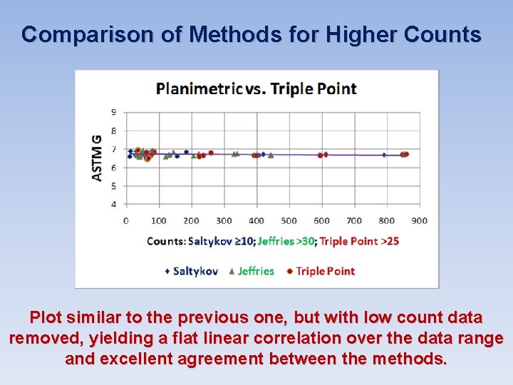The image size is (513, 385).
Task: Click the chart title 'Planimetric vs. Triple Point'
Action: tap(256, 88)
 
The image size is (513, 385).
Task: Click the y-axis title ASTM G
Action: tap(96, 157)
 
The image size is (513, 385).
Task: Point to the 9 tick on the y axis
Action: tap(114, 112)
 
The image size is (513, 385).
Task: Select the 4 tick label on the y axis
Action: tap(114, 205)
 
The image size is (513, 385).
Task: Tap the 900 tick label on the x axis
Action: tap(420, 220)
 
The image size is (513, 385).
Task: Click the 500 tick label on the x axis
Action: tap(289, 220)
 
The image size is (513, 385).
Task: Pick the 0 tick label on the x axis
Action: tap(126, 220)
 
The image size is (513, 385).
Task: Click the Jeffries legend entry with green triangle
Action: tap(251, 271)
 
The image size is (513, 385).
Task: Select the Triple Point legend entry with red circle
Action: tap(320, 271)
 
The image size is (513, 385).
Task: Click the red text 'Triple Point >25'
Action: tap(359, 241)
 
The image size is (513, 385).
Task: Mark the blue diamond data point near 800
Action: tap(384, 155)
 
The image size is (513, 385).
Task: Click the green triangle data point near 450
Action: tap(271, 155)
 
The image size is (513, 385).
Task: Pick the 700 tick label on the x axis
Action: tap(354, 220)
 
